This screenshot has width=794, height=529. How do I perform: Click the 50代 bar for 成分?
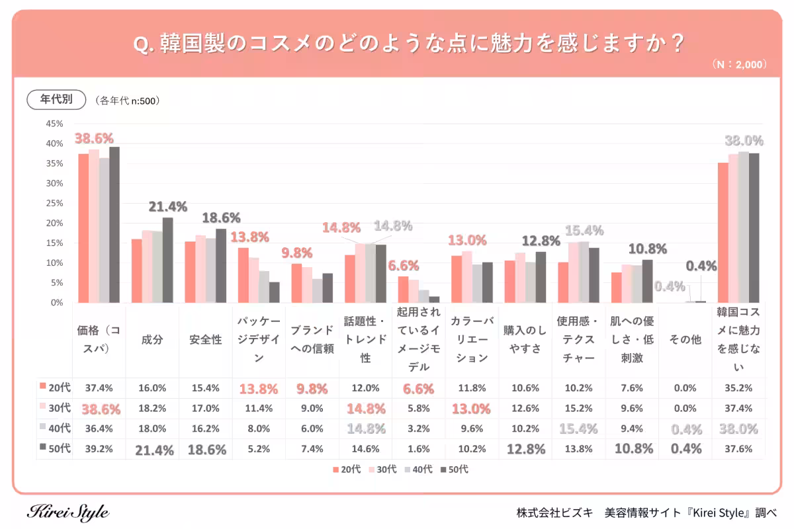tap(167, 260)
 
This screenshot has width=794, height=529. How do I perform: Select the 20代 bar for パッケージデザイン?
tap(243, 275)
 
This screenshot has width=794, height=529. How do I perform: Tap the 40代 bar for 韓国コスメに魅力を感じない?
tap(743, 227)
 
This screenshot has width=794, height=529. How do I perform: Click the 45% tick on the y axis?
tap(54, 124)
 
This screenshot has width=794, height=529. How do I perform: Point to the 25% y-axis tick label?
tap(54, 203)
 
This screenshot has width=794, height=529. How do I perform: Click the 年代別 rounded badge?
tap(56, 100)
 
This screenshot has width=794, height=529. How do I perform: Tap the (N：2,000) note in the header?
tap(740, 65)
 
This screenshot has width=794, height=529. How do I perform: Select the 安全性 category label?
tap(205, 340)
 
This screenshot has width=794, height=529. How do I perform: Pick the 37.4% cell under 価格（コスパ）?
tap(99, 388)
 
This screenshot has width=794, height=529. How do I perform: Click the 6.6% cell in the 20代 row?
tap(418, 388)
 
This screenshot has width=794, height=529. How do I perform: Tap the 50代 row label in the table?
tap(56, 449)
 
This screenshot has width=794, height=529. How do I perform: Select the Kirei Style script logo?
tap(69, 512)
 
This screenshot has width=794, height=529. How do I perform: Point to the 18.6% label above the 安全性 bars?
tap(221, 218)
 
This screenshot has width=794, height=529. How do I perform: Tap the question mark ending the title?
tap(676, 43)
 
